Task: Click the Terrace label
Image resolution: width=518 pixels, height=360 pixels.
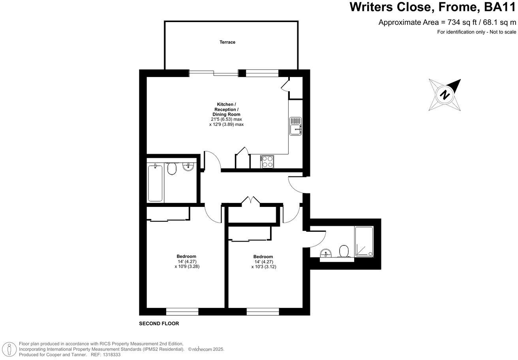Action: point(227,42)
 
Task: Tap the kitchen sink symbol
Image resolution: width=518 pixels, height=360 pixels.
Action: point(296,126)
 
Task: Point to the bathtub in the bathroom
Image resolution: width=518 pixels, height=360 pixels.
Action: point(155,183)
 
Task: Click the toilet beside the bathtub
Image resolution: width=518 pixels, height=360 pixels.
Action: point(171,169)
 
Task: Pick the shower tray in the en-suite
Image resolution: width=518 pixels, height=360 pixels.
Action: point(364,241)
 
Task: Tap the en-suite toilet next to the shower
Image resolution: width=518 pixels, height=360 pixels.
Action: point(344,251)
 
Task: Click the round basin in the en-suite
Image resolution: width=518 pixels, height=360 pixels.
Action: point(326,253)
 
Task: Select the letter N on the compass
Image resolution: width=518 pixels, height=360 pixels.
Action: point(445,95)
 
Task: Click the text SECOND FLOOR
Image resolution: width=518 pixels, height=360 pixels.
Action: point(159,324)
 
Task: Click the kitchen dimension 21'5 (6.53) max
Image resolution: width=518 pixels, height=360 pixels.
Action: point(226,119)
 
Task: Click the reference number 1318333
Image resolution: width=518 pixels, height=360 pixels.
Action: point(111,355)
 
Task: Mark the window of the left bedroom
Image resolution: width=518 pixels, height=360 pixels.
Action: point(182,312)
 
